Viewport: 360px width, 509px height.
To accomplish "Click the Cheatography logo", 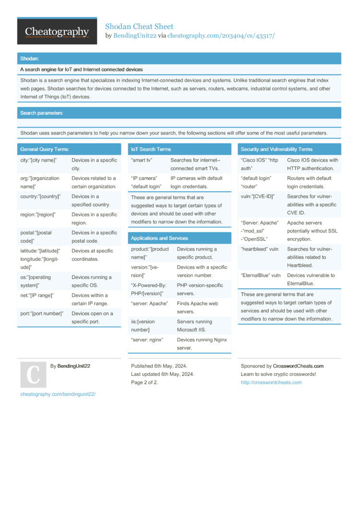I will point(57,32).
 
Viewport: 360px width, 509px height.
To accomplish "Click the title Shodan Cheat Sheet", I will point(139,26).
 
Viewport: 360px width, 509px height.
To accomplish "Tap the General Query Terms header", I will point(44,149).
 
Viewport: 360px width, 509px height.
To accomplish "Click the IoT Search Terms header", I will point(151,149).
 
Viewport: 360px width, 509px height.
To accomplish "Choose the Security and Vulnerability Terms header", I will point(276,149).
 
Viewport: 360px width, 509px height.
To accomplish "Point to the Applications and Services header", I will point(159,238).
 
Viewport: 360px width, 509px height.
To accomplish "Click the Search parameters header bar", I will point(41,113).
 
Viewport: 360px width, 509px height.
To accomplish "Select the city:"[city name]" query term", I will point(38,160).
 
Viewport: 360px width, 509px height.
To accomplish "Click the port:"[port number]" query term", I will point(42,314).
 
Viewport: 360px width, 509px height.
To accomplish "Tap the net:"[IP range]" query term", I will point(37,296).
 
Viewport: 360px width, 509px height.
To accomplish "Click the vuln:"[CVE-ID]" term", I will point(258,196).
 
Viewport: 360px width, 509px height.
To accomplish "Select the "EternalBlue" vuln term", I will point(261,275).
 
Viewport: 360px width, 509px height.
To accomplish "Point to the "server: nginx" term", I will point(147,340).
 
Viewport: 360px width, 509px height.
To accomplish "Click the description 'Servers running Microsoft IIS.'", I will point(194,325).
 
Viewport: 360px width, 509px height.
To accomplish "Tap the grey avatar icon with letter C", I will point(33,375).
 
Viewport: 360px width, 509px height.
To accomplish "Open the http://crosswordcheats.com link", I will point(271,382).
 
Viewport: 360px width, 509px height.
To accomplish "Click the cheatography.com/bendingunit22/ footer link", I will point(58,394).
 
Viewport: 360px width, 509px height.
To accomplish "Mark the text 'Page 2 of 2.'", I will point(144,382).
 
